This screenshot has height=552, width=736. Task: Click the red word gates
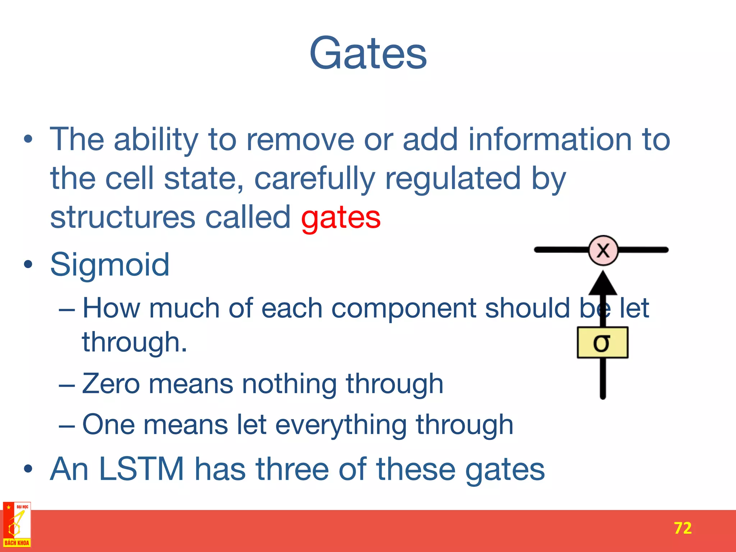(x=341, y=218)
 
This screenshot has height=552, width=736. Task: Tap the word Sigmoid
(x=110, y=265)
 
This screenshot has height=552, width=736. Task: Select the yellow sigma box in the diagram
(x=602, y=342)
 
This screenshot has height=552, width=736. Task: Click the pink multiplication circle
(x=603, y=250)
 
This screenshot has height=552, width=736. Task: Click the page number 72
(x=682, y=528)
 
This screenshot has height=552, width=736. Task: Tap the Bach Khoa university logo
(x=17, y=525)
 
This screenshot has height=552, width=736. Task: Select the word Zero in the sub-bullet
(x=111, y=384)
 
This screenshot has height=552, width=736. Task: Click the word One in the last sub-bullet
(x=109, y=425)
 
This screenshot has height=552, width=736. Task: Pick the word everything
(x=341, y=425)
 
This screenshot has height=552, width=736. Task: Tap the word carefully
(x=314, y=179)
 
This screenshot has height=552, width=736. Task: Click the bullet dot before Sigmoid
(x=28, y=265)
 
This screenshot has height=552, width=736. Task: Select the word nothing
(x=289, y=384)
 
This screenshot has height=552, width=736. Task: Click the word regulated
(x=453, y=179)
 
